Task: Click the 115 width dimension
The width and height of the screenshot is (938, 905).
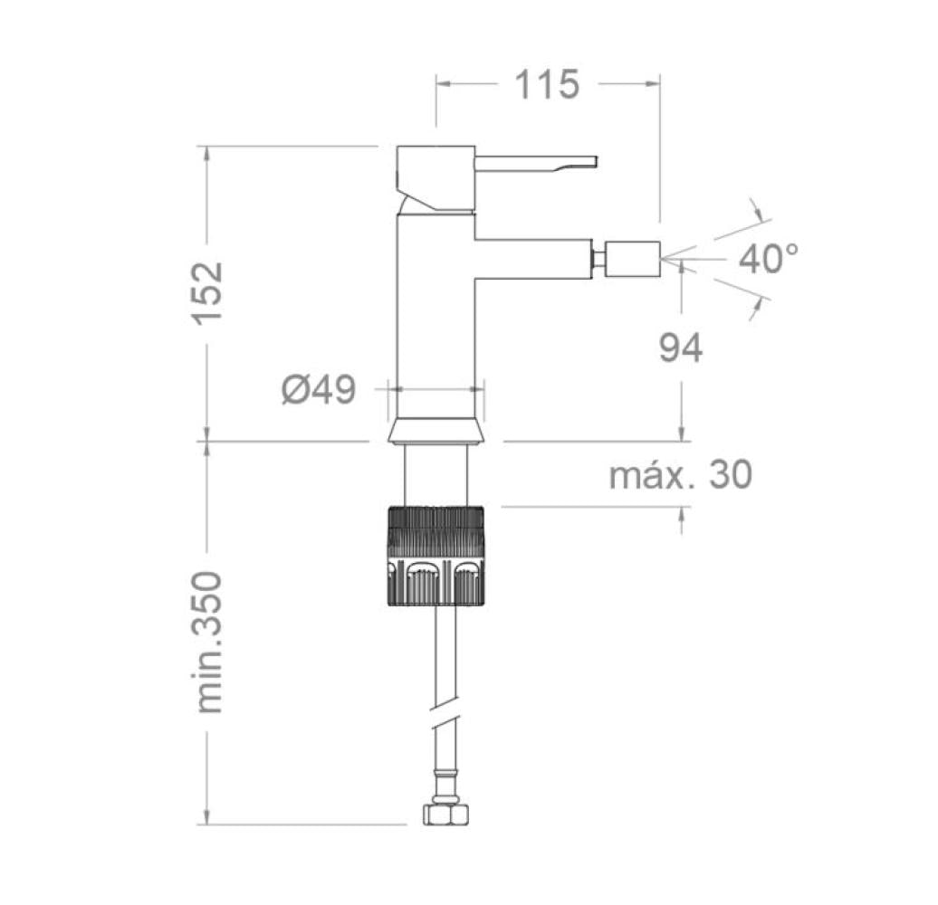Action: (546, 84)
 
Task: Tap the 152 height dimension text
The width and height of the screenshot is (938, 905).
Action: (207, 292)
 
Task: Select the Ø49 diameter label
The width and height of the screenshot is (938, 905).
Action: (318, 391)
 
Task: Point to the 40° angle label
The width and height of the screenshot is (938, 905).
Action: (769, 259)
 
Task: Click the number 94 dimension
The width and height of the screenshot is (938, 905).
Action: (680, 348)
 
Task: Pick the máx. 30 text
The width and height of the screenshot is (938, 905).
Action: (680, 474)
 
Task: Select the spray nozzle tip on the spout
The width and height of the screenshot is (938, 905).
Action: (633, 259)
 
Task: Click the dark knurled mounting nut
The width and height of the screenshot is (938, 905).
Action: (435, 555)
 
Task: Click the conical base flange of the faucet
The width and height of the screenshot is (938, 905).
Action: (435, 431)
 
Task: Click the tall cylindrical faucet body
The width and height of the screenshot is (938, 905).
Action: (435, 317)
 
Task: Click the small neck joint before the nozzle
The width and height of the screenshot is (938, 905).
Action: (598, 259)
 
